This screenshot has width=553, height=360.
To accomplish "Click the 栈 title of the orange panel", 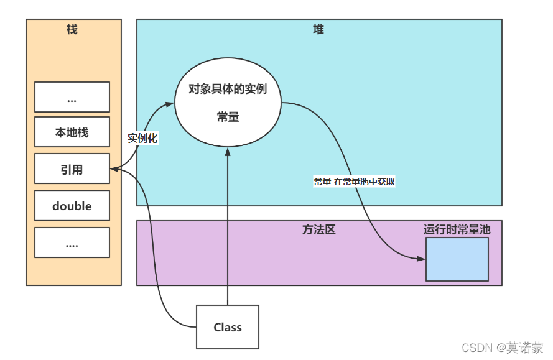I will pyautogui.click(x=72, y=29).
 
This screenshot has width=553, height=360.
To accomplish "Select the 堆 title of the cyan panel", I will pyautogui.click(x=318, y=29).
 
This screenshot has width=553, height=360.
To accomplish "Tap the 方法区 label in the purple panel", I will pyautogui.click(x=318, y=229).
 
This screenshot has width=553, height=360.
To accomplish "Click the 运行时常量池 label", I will pyautogui.click(x=457, y=229).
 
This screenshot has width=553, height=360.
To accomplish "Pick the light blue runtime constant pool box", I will pyautogui.click(x=457, y=259).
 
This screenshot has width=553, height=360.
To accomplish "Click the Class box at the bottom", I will pyautogui.click(x=228, y=326).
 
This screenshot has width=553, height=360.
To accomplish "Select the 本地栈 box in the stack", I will pyautogui.click(x=72, y=132).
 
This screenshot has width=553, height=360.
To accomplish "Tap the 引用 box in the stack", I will pyautogui.click(x=72, y=169).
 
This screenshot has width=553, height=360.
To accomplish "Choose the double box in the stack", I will pyautogui.click(x=72, y=206).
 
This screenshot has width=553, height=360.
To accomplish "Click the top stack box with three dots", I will pyautogui.click(x=72, y=97).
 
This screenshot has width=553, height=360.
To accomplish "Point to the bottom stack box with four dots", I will pyautogui.click(x=72, y=242).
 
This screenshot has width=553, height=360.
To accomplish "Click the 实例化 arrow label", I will pyautogui.click(x=142, y=138).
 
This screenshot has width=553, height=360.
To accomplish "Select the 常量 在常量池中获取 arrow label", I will pyautogui.click(x=354, y=182).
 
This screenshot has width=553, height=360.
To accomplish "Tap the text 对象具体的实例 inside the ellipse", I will pyautogui.click(x=228, y=89).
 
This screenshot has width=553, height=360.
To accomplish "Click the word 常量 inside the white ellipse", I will pyautogui.click(x=228, y=117).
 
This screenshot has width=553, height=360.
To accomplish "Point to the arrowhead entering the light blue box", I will pyautogui.click(x=421, y=259).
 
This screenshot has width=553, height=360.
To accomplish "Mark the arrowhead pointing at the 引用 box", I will pyautogui.click(x=114, y=168).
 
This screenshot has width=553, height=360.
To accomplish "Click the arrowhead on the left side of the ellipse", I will pyautogui.click(x=170, y=104).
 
